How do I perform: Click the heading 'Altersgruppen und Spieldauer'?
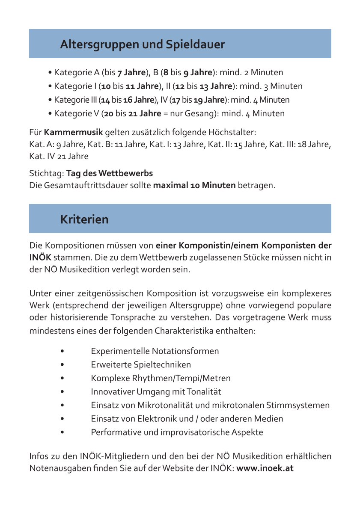point(142,44)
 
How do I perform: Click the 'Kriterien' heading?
point(84,219)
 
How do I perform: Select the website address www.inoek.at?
point(265,468)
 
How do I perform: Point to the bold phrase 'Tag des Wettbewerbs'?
point(110,174)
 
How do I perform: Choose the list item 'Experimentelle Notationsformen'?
point(155,351)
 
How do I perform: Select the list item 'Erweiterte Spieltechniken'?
point(141,364)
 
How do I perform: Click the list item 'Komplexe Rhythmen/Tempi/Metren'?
point(161,378)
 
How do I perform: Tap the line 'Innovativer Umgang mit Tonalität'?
point(156,391)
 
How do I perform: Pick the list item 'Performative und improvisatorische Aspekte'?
point(177,432)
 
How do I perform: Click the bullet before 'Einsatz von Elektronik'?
point(62,419)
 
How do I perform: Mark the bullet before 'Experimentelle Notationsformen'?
point(62,351)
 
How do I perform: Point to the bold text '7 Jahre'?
point(132,73)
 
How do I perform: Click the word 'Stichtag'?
point(46,174)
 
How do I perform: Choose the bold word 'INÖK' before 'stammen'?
point(40,258)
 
